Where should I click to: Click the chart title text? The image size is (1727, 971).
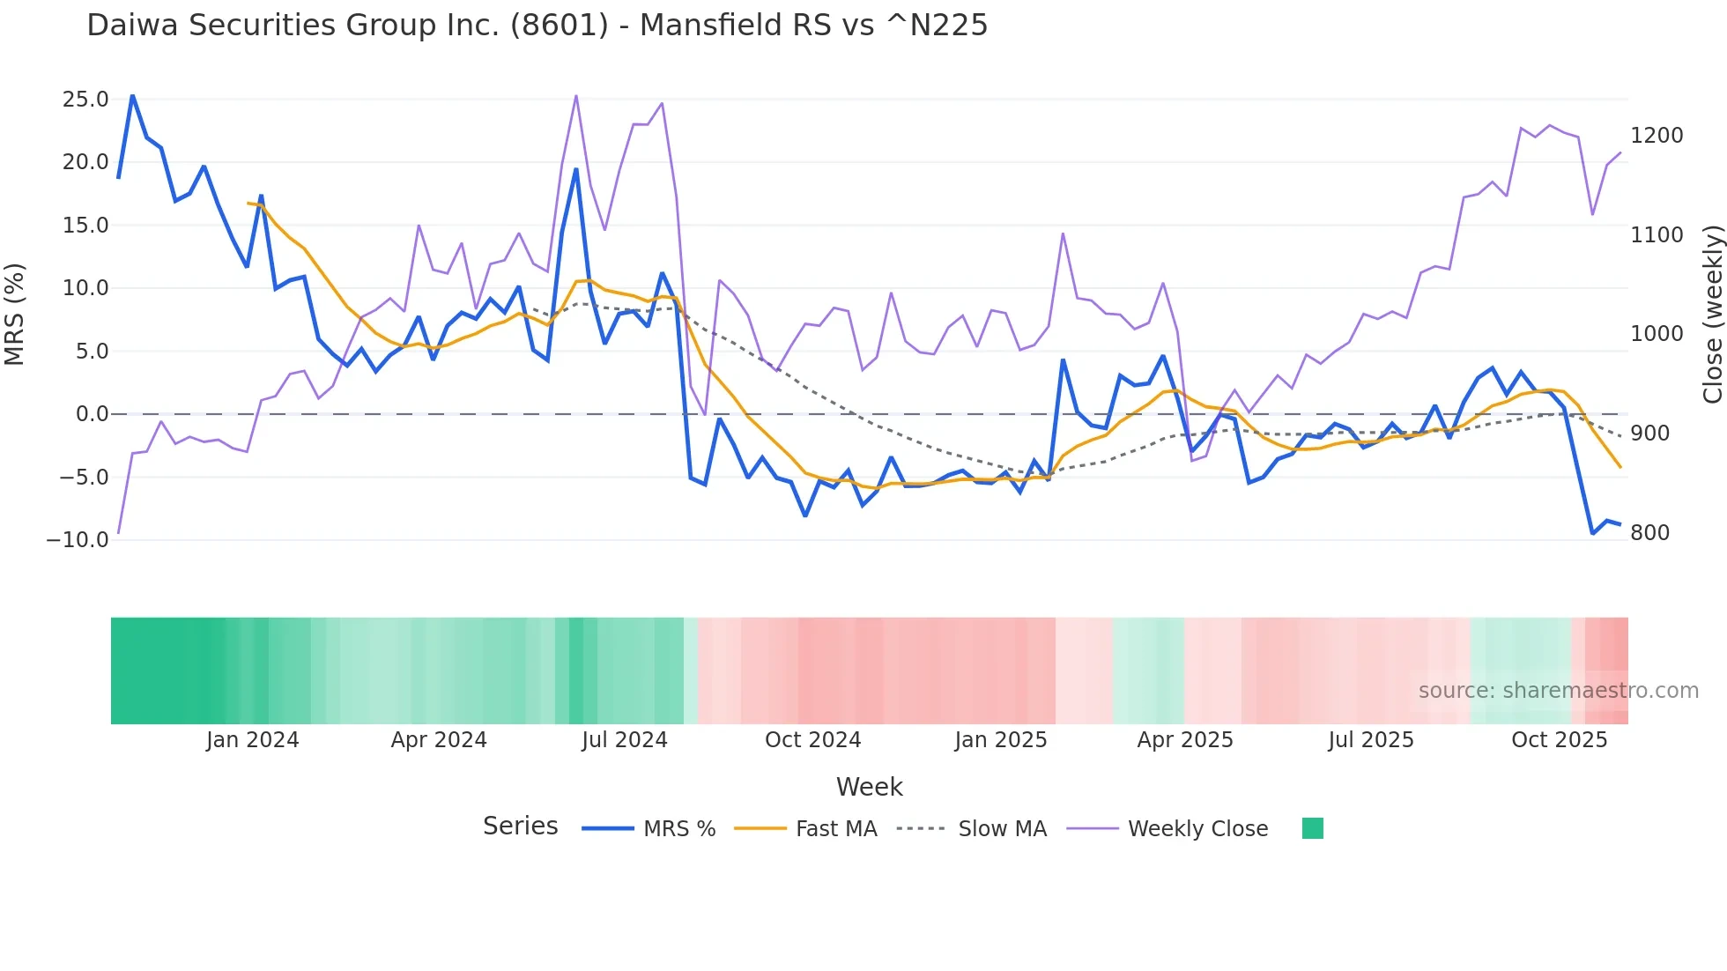(x=537, y=26)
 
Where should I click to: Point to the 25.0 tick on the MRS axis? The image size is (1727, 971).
(x=85, y=100)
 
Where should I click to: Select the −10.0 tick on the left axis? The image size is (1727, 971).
(x=78, y=539)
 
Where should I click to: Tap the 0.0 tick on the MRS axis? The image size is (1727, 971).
(x=92, y=414)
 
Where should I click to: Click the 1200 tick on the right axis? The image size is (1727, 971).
(x=1657, y=136)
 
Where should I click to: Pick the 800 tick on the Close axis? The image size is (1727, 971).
(x=1649, y=533)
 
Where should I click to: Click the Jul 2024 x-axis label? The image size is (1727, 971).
(x=624, y=740)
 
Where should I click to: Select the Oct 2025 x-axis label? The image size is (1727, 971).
(x=1559, y=740)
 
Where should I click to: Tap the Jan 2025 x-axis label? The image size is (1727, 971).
(x=1000, y=740)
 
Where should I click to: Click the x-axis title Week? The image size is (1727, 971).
(x=869, y=787)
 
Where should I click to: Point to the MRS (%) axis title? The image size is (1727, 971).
(x=15, y=315)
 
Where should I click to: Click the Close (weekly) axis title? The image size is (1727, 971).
(x=1712, y=315)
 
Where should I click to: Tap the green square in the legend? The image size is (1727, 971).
(x=1312, y=828)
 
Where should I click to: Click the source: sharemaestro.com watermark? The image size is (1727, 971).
(x=1558, y=691)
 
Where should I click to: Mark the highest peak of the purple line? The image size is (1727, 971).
(x=576, y=96)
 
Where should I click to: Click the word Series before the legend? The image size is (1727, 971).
(x=520, y=826)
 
